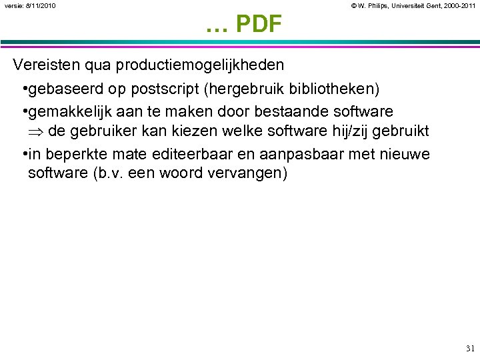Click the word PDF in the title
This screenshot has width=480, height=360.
pyautogui.click(x=259, y=25)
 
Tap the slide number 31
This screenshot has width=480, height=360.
pyautogui.click(x=470, y=348)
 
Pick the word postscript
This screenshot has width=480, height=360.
pyautogui.click(x=155, y=89)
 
